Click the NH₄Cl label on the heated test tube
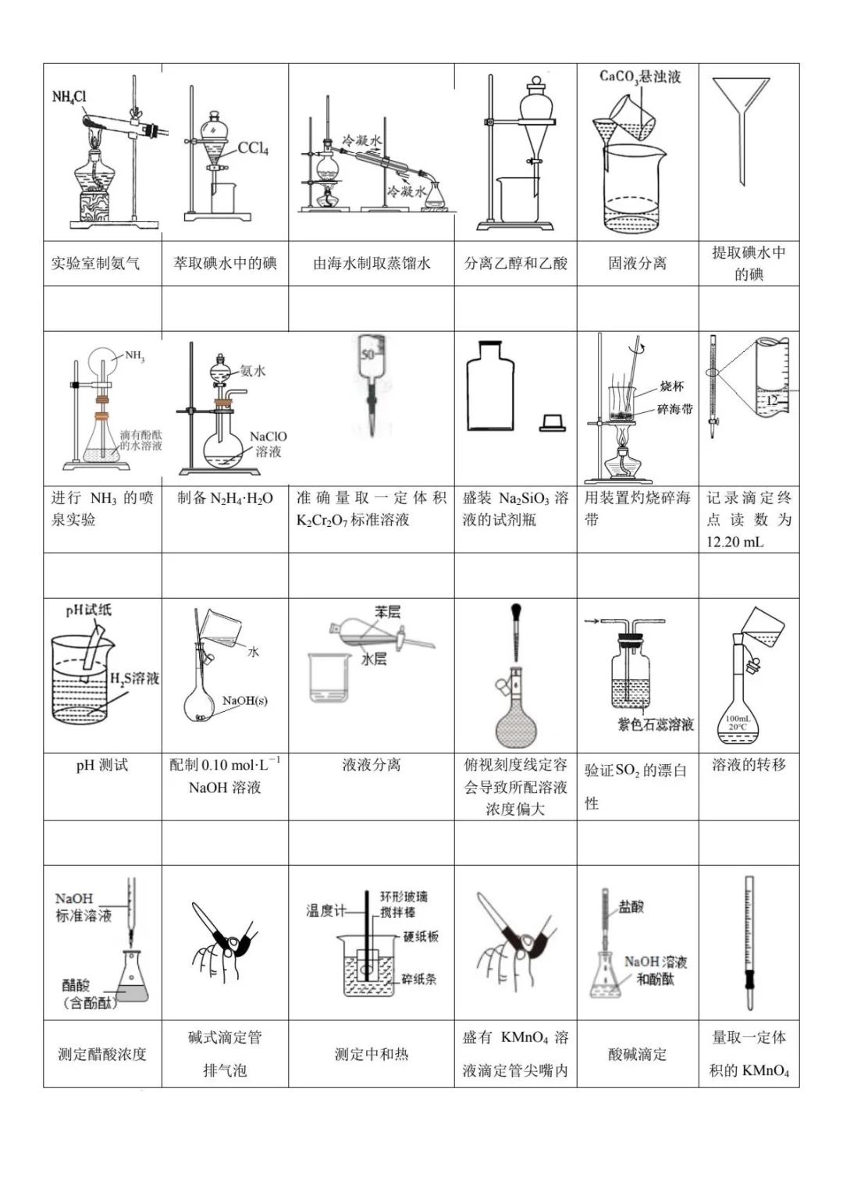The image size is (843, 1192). click(x=69, y=97)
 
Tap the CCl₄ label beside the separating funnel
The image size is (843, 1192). click(x=253, y=148)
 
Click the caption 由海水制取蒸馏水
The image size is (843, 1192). click(x=372, y=264)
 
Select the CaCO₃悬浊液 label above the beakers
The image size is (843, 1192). click(x=640, y=77)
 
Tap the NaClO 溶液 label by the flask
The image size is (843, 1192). click(x=268, y=443)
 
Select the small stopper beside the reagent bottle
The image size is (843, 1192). click(x=552, y=422)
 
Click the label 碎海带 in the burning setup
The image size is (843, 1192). click(x=674, y=409)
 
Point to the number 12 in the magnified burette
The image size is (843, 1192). click(x=771, y=400)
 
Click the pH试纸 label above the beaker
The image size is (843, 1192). click(x=88, y=610)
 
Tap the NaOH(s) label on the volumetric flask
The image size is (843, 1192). click(x=244, y=701)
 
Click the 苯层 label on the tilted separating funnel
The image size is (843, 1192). click(x=387, y=612)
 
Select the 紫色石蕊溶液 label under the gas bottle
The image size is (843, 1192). click(x=656, y=724)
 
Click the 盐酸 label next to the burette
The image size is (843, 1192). click(x=631, y=906)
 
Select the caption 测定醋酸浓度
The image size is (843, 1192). click(x=102, y=1054)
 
